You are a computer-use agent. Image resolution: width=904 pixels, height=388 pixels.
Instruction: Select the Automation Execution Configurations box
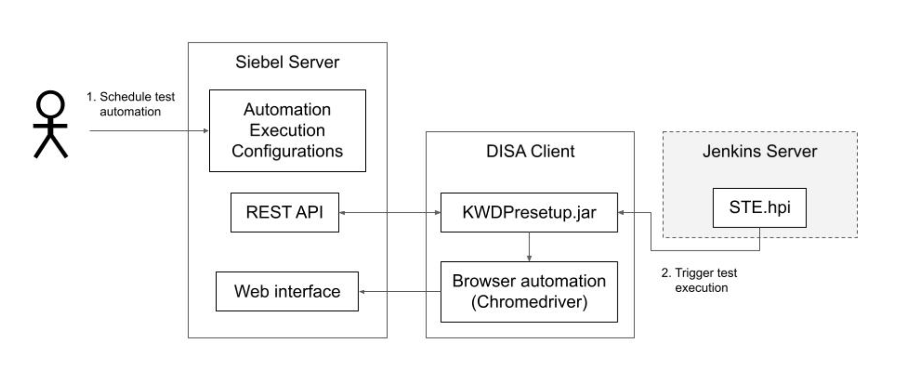click(287, 130)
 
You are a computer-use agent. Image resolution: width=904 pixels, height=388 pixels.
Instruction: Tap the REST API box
click(285, 212)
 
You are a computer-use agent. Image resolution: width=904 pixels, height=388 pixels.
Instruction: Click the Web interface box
click(287, 291)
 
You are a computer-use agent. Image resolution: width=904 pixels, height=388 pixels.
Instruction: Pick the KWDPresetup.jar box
click(529, 212)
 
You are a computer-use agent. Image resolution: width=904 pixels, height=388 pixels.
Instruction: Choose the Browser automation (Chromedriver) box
click(529, 291)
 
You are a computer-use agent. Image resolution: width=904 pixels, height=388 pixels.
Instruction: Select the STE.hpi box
click(759, 207)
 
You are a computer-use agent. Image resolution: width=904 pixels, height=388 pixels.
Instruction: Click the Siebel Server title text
click(287, 62)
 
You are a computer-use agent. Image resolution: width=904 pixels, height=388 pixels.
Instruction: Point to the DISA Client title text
click(530, 151)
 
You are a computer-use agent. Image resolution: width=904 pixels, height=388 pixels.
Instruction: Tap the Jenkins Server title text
click(759, 151)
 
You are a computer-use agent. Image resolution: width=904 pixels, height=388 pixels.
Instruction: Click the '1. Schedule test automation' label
click(130, 104)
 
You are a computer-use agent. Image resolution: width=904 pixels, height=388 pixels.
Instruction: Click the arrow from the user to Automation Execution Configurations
click(149, 130)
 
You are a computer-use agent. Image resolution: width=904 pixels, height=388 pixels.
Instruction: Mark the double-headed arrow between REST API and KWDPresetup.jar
click(389, 212)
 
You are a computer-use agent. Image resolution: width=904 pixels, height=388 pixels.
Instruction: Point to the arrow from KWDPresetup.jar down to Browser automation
click(529, 247)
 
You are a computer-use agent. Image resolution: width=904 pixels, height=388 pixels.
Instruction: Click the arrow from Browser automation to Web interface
click(400, 291)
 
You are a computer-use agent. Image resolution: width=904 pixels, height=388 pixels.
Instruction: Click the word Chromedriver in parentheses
click(529, 302)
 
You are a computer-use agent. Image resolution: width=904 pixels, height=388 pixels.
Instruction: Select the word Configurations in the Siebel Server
click(287, 151)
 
